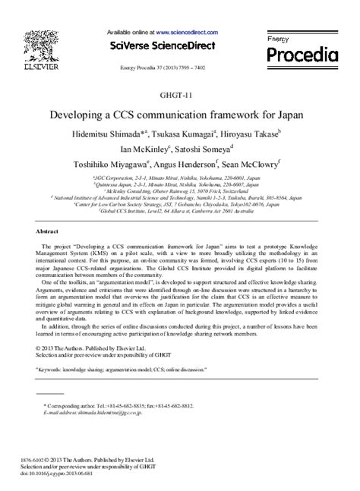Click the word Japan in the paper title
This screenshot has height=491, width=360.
click(x=286, y=115)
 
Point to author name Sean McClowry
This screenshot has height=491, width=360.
click(x=255, y=165)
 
